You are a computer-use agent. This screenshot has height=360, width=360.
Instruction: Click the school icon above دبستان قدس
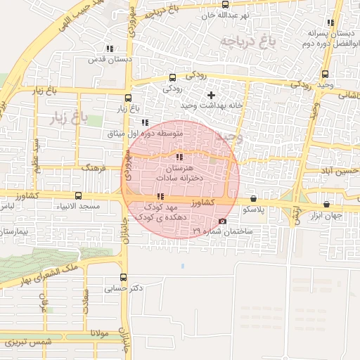point(109,49)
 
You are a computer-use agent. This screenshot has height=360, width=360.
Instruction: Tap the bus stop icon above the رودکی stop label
point(173,78)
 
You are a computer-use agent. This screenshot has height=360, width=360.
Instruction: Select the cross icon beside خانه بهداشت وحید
point(211,94)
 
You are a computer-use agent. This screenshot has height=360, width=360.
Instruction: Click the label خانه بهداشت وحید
point(188,105)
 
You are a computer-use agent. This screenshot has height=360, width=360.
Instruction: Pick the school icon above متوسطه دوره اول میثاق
point(145,122)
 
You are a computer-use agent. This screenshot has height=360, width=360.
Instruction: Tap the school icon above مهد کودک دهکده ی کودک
point(161,196)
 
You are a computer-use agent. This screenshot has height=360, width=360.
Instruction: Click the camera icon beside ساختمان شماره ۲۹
point(223,221)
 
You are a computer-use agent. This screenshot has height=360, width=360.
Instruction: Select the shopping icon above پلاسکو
point(253,199)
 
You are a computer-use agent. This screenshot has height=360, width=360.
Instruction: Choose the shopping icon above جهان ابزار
point(326,205)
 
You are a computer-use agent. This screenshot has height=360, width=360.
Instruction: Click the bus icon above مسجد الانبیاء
point(77,196)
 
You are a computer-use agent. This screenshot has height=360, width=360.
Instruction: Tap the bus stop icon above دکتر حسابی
point(124,277)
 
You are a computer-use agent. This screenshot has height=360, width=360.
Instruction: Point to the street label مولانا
point(99,333)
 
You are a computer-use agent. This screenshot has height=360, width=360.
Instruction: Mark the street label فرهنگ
point(92,169)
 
